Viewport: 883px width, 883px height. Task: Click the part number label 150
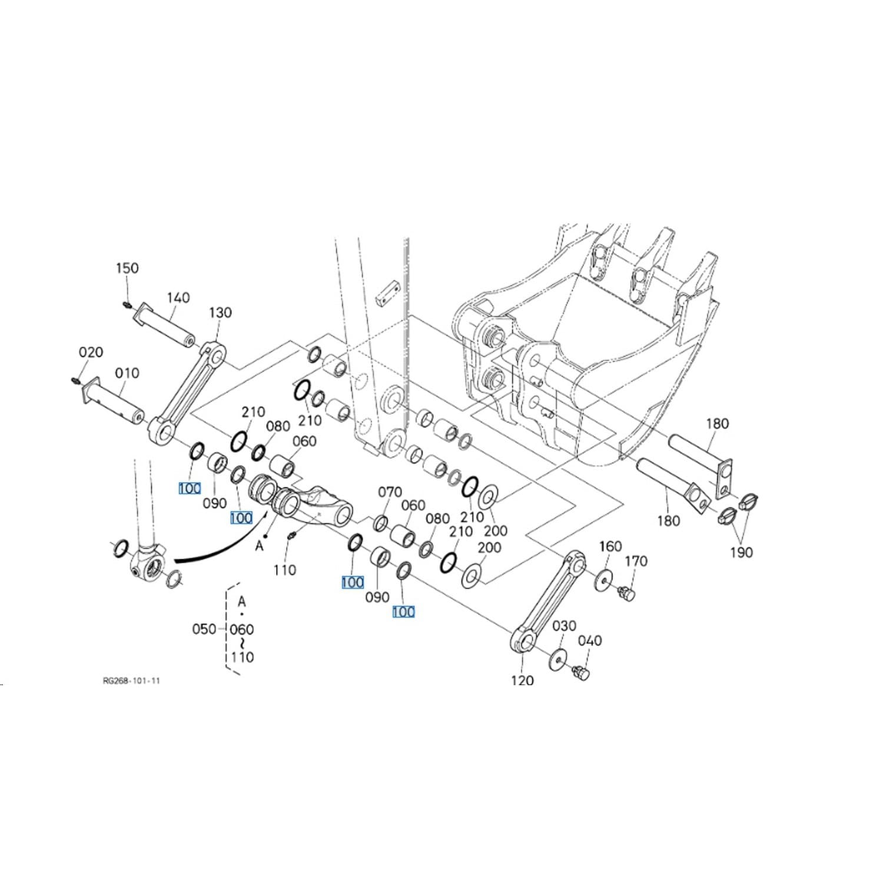127,268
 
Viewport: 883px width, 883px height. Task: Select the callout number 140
178,297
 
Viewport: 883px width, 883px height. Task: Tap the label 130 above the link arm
220,312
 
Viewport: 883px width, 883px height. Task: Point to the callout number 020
91,352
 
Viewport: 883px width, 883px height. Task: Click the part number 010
127,373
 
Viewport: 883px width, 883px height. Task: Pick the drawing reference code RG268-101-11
131,680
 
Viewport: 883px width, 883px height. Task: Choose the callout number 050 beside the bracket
204,629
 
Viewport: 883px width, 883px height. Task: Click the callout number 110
284,570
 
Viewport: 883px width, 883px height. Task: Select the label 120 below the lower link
522,680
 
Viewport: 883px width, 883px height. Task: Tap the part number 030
564,625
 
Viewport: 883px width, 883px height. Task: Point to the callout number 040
590,640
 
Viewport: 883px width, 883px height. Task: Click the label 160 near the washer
610,546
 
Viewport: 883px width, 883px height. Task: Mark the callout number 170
636,561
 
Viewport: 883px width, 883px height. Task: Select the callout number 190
741,552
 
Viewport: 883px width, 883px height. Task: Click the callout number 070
390,492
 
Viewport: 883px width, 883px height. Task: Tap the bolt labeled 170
627,593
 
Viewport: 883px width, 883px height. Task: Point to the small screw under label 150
127,304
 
